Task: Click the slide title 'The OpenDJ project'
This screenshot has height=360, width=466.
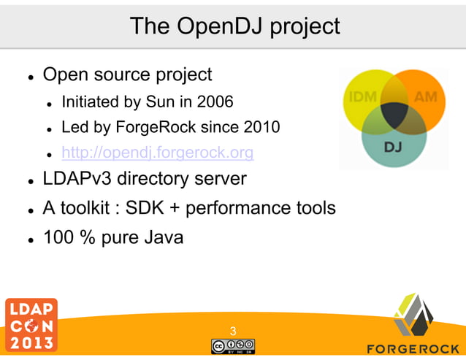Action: (x=234, y=26)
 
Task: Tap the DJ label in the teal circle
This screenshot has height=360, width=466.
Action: (x=393, y=147)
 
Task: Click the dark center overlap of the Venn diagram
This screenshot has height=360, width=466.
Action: (x=394, y=113)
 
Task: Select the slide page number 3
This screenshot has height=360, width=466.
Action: (x=233, y=332)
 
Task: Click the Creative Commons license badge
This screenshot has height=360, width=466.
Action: (x=233, y=346)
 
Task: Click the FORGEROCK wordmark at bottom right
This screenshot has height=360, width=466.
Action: (x=413, y=347)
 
